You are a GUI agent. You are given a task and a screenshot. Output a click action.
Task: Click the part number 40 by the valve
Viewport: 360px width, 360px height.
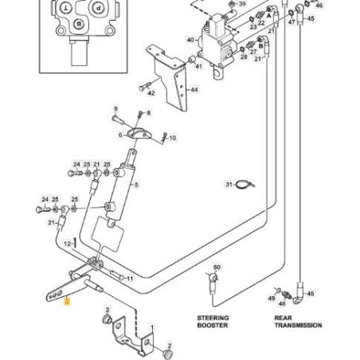tap(190, 40)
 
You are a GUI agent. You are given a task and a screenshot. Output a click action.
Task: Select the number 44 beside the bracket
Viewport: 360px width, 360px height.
tap(194, 89)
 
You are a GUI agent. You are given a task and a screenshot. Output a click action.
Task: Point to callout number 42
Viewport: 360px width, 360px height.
tap(151, 92)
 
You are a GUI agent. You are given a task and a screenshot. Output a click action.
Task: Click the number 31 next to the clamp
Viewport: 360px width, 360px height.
tap(229, 185)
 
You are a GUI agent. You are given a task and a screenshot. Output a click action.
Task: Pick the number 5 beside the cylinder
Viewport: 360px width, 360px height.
tap(137, 186)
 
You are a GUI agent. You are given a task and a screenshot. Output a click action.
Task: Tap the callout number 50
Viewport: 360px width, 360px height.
tap(217, 268)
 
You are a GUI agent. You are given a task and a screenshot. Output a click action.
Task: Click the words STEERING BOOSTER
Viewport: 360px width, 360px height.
tap(213, 321)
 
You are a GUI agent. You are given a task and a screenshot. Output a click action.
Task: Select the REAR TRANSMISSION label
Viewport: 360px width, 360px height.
tap(298, 321)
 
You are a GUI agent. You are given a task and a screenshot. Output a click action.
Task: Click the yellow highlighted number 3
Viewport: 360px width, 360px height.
tap(68, 302)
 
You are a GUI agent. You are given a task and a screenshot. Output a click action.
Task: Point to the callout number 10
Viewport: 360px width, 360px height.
tap(172, 138)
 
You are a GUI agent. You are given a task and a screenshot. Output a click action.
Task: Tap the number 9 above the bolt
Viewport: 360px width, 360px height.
tap(115, 108)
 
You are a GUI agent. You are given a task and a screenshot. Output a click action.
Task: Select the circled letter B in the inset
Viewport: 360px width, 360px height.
tap(79, 23)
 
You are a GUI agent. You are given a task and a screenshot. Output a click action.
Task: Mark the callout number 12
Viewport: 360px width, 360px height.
tap(68, 242)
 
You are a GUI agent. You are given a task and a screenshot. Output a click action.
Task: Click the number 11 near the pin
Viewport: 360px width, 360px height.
tap(130, 280)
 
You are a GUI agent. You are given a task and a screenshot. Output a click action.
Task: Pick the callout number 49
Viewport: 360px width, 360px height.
tap(272, 296)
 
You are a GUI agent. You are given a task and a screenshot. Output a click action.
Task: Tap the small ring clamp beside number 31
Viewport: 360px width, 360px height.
tap(247, 186)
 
